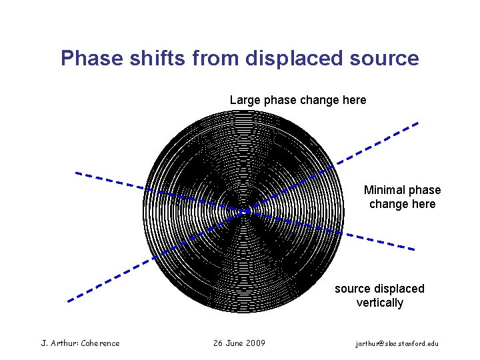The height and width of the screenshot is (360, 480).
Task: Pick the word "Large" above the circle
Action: coord(245,100)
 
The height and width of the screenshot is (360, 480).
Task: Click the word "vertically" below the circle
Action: coord(379,303)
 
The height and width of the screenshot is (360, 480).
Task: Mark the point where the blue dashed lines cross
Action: coord(245,211)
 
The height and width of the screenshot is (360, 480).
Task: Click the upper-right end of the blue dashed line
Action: coord(418,123)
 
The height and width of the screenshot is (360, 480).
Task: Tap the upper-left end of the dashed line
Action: coord(76,173)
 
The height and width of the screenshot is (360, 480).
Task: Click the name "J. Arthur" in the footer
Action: coord(59,343)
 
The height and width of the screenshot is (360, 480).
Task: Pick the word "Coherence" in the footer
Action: coord(100,343)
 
